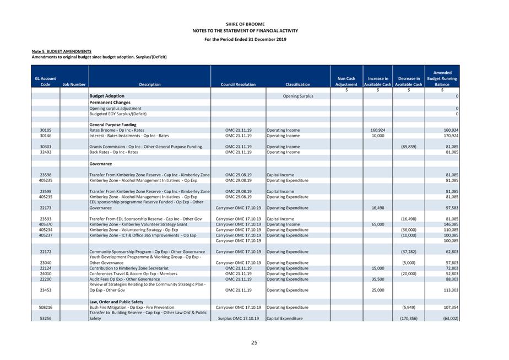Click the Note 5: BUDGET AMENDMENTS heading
pos(62,51)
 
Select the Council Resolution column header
pos(237,85)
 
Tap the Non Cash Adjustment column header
pos(346,82)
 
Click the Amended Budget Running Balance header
pos(442,79)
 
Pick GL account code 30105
pos(46,130)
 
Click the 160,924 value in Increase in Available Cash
pos(378,130)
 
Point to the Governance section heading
pos(101,164)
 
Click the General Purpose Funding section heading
pos(113,125)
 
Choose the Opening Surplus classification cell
pos(298,96)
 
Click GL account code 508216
pos(46,308)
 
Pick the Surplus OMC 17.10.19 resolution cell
pos(238,319)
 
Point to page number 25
pos(254,343)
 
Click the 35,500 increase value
pos(378,280)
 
